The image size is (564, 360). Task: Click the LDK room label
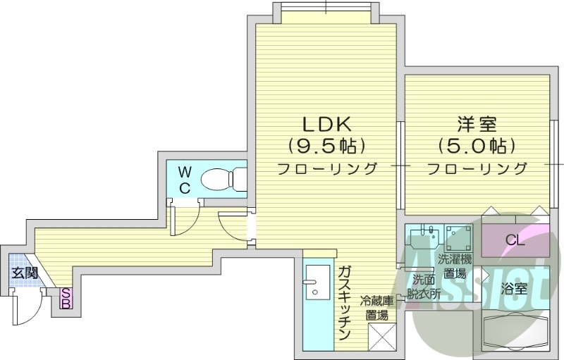[x=326, y=125]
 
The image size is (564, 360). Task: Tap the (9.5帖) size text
[x=326, y=147]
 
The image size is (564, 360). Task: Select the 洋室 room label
[x=477, y=125]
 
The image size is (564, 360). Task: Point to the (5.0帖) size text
[x=477, y=147]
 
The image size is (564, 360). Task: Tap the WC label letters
[x=184, y=180]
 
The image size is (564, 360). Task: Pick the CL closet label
[x=515, y=241]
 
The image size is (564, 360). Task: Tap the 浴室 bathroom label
[x=514, y=289]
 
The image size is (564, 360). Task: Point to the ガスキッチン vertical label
[x=345, y=303]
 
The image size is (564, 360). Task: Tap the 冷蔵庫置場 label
[x=377, y=309]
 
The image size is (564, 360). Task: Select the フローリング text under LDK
[x=326, y=169]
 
